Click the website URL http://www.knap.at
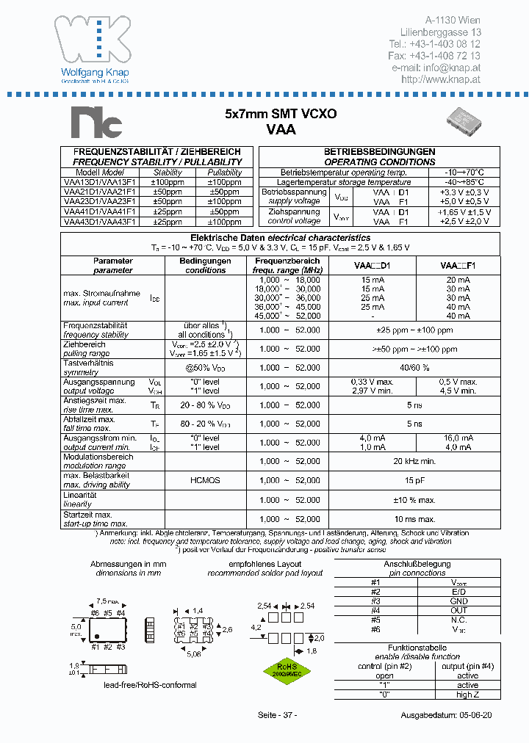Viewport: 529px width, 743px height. (x=441, y=79)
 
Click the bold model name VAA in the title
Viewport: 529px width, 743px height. (x=280, y=129)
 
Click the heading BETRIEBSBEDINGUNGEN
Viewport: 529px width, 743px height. (x=380, y=151)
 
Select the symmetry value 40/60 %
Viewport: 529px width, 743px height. (x=415, y=367)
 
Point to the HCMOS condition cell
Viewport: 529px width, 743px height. (x=205, y=480)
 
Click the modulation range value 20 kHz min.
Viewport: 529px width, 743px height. (x=415, y=461)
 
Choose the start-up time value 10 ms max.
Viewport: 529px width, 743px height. (x=415, y=518)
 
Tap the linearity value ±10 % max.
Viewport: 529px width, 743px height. (x=415, y=499)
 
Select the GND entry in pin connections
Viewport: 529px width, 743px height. (x=458, y=601)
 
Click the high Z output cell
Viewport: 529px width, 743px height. (x=467, y=695)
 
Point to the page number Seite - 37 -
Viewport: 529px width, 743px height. (x=278, y=715)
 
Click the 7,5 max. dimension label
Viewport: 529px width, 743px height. (x=107, y=600)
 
